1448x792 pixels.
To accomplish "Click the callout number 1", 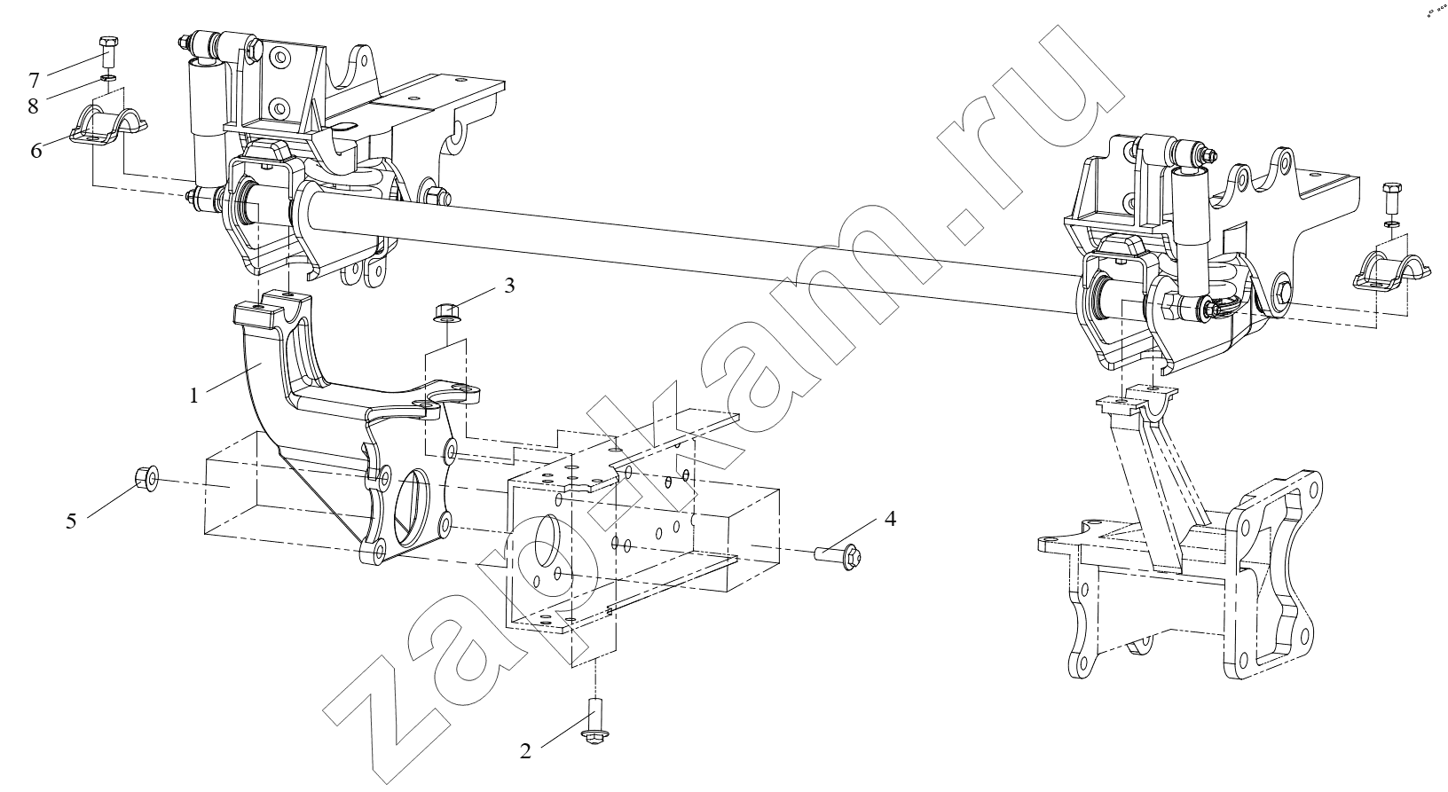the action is click(x=194, y=396).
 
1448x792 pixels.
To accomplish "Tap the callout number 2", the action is click(x=525, y=751).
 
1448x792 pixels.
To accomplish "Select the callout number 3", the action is click(x=509, y=286).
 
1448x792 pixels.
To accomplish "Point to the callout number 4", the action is click(x=890, y=519).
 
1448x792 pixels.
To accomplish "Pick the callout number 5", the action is click(x=71, y=521).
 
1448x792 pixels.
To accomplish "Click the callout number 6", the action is click(x=36, y=151).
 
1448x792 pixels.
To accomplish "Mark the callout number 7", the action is click(x=34, y=80).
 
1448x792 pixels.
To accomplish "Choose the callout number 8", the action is click(x=33, y=106).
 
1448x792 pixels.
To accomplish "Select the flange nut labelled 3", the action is click(x=445, y=311).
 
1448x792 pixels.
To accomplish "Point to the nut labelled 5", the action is click(x=146, y=478).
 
